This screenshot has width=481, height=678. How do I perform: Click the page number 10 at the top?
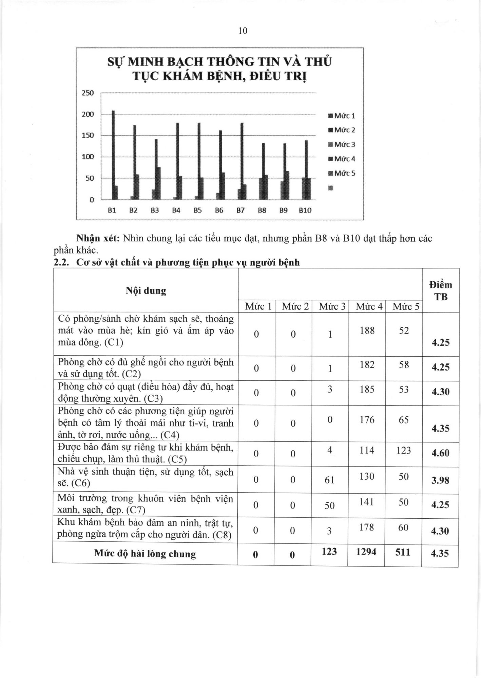click(243, 31)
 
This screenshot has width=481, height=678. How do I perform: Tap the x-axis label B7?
click(240, 211)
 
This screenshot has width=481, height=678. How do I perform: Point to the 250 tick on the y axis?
click(88, 93)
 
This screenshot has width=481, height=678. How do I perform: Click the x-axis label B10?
click(305, 211)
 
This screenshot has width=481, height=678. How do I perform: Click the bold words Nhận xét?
click(98, 238)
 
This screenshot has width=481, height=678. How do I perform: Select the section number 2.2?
click(62, 262)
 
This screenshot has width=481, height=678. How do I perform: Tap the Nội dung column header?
click(146, 291)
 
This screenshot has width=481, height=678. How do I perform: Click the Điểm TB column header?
click(441, 291)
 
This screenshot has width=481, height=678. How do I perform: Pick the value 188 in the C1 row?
click(367, 330)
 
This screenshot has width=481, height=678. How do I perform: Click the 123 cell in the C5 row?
click(404, 451)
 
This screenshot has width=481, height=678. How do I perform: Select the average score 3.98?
click(440, 480)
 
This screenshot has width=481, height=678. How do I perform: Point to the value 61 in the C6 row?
click(329, 480)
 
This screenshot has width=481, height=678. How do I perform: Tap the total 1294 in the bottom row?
click(366, 552)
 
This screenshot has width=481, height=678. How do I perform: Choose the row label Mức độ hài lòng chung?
click(145, 554)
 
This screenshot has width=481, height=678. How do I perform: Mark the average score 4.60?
click(440, 453)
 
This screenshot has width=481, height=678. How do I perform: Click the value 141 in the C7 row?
click(367, 502)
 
